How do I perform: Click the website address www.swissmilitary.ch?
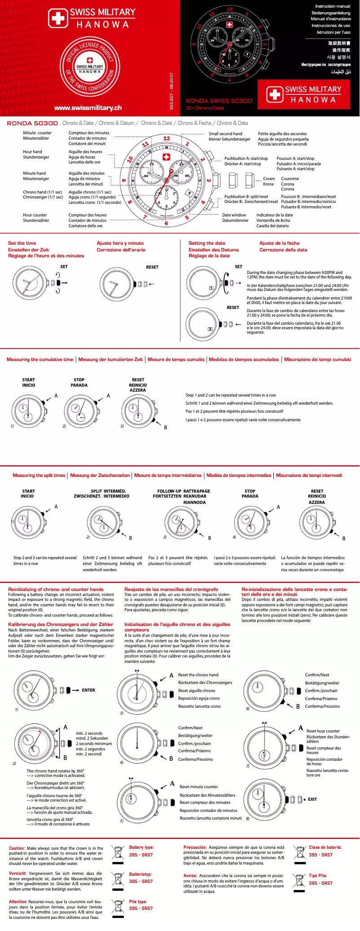(x=88, y=108)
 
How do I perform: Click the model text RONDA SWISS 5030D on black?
(x=219, y=101)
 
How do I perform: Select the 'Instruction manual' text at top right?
(x=333, y=6)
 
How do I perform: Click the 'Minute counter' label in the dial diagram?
(x=37, y=133)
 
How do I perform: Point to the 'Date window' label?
(x=234, y=215)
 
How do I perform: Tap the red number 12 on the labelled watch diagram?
(x=167, y=138)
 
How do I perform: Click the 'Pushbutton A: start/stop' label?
(x=246, y=159)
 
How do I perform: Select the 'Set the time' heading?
(x=22, y=243)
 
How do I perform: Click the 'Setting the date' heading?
(x=207, y=243)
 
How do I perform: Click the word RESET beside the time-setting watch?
(x=152, y=267)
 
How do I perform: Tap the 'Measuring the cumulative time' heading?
(x=40, y=359)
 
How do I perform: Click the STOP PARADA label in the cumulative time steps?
(x=79, y=383)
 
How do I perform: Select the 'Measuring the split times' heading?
(x=39, y=475)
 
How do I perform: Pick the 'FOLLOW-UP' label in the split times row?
(x=169, y=491)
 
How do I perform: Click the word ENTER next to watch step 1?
(x=88, y=690)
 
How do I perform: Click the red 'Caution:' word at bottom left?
(x=17, y=848)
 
